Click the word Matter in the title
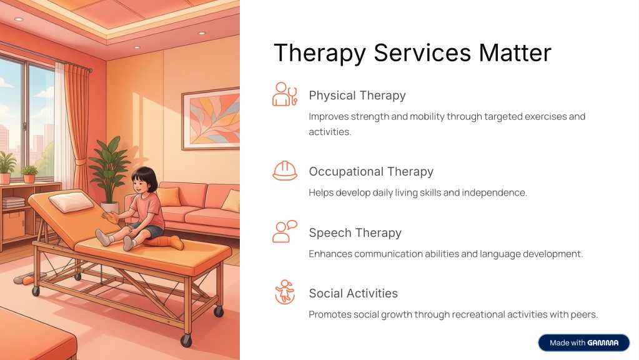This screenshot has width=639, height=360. (515, 52)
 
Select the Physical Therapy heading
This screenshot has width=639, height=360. (357, 96)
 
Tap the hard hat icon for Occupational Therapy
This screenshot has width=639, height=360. (285, 171)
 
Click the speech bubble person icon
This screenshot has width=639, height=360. (285, 232)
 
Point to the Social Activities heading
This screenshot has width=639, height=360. (354, 293)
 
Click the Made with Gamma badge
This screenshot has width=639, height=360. (583, 343)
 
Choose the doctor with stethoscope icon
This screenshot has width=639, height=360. (285, 94)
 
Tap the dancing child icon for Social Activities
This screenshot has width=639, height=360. (285, 292)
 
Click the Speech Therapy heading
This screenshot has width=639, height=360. (355, 232)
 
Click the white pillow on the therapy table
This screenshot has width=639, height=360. (71, 202)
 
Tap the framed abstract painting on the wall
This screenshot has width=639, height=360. (211, 119)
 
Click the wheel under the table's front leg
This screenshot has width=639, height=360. (186, 340)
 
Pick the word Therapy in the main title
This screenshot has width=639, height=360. (320, 53)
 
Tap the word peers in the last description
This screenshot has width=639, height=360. (585, 315)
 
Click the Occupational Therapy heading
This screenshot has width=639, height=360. (371, 172)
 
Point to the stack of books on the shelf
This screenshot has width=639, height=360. (14, 202)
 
